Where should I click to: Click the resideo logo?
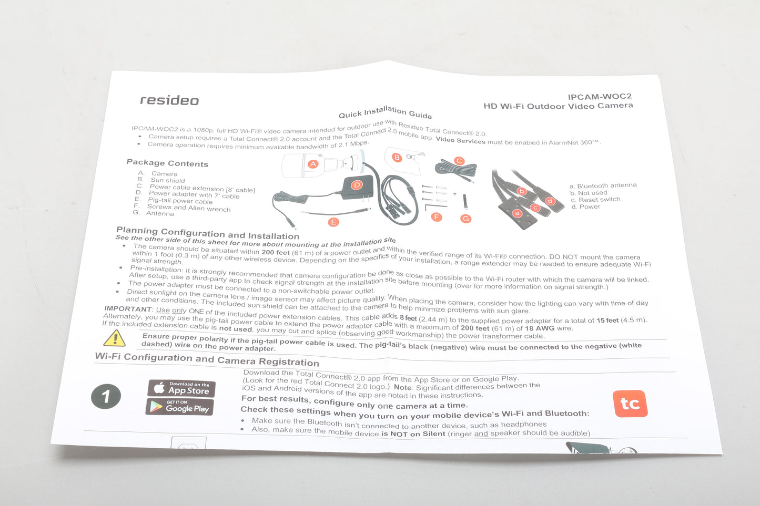[169, 100]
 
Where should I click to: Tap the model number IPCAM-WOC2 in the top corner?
[600, 97]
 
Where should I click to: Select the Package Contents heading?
[167, 163]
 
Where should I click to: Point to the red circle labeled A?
[313, 164]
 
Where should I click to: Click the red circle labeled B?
[397, 157]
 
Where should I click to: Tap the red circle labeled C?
[459, 161]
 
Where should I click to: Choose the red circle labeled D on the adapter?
[357, 185]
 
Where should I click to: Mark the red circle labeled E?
[333, 222]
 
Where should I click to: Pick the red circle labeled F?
[437, 217]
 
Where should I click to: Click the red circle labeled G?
[466, 219]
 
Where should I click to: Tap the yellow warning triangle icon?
[114, 338]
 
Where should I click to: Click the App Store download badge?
[181, 388]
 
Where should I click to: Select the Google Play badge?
[179, 407]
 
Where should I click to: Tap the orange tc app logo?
[630, 404]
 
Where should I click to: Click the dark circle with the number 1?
[106, 396]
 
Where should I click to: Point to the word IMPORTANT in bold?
[128, 309]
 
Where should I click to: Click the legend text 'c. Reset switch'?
[595, 200]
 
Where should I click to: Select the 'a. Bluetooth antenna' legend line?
[603, 185]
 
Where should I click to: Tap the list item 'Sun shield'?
[168, 180]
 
